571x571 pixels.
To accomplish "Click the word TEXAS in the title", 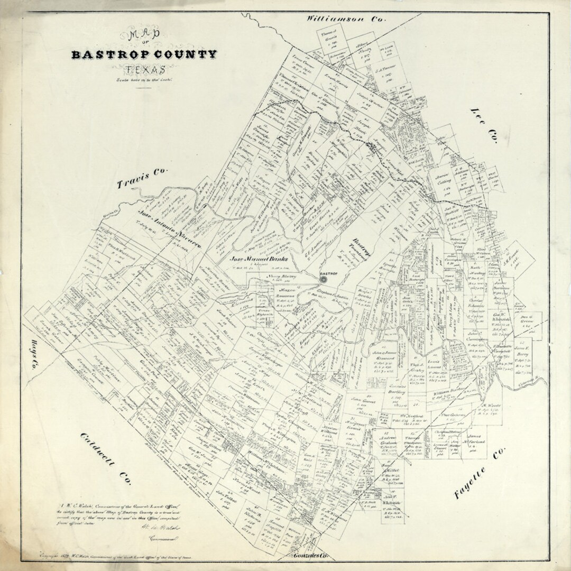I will pos(145,69).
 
